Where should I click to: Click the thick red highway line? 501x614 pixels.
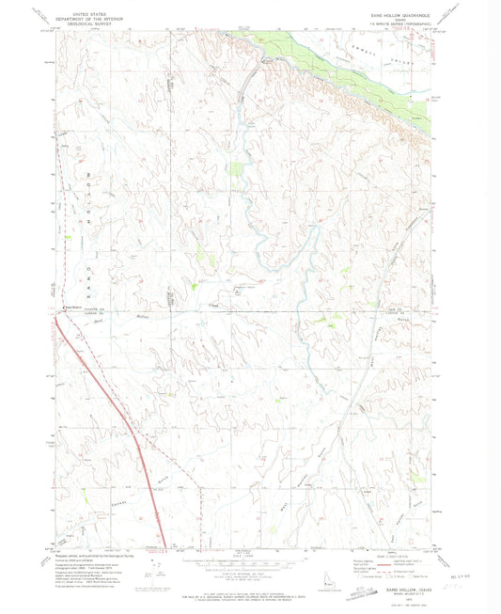tap(132, 442)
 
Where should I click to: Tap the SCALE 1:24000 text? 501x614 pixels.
tap(249, 552)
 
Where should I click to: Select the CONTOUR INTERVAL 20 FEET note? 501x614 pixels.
tap(249, 571)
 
